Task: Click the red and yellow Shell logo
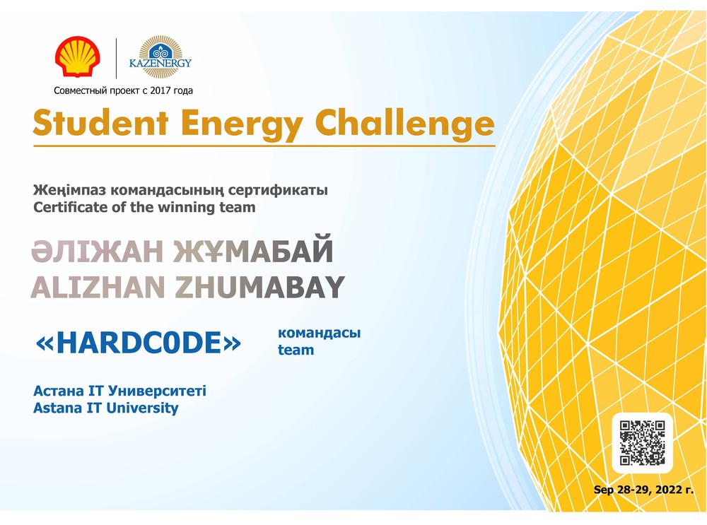78,57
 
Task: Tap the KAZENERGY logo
160,57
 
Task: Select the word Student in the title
100,122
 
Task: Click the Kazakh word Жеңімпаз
69,190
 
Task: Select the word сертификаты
278,190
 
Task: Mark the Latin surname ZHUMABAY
259,288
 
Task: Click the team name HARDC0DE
138,343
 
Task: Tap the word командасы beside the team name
319,333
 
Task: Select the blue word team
296,350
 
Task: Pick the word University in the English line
142,408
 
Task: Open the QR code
642,442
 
